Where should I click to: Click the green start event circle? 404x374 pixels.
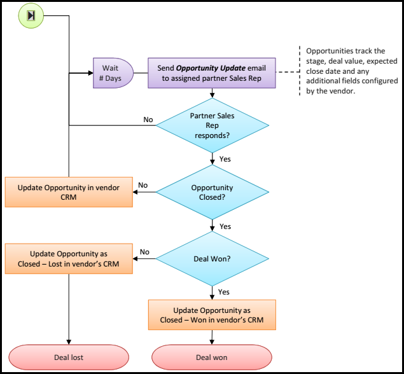tap(30, 15)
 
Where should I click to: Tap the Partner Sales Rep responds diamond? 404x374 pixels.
tap(212, 125)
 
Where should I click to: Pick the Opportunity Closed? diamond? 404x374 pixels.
tap(212, 193)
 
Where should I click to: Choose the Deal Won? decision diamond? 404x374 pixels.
tap(212, 259)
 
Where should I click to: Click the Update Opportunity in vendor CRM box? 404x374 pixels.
tap(69, 192)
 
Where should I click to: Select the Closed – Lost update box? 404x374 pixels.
tap(69, 259)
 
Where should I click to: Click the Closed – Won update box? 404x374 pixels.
tap(212, 315)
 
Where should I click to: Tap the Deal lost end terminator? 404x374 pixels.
tap(69, 357)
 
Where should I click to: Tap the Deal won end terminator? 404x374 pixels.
tap(212, 357)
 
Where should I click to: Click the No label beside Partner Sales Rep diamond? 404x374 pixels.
tap(148, 120)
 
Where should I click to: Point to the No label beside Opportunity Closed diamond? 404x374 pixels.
tap(143, 185)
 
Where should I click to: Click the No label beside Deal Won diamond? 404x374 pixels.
tap(144, 252)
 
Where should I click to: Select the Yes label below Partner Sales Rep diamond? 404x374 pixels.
tap(225, 159)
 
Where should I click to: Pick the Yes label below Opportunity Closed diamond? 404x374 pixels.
tap(225, 226)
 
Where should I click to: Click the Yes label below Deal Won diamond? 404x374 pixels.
tap(224, 292)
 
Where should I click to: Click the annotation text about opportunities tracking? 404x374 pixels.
tap(351, 71)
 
